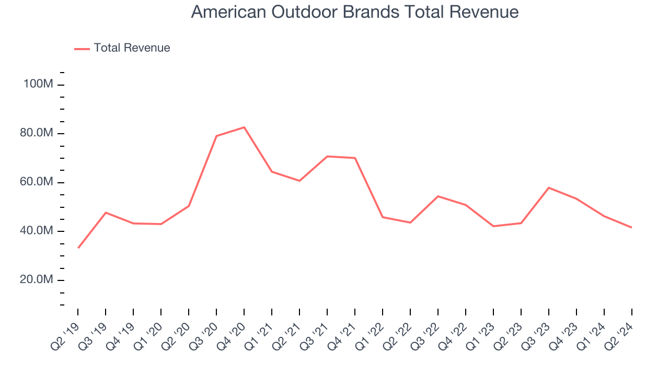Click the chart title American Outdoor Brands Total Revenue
coord(355,12)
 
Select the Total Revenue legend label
coord(132,48)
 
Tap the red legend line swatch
coord(82,49)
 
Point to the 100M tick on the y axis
coord(38,84)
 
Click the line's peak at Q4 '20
coord(244,127)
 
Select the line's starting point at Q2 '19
coord(78,248)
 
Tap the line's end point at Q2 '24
coord(632,227)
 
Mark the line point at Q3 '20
coord(216,136)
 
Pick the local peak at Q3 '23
coord(549,187)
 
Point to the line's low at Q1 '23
coord(493,226)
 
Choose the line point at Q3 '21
coord(327,156)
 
